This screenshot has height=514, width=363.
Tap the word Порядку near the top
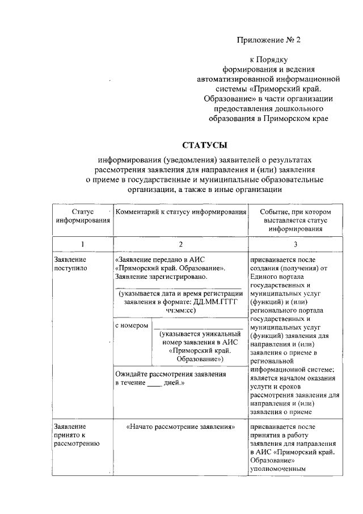(x=275, y=59)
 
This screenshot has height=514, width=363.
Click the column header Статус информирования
(x=82, y=216)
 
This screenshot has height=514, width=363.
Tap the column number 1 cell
(x=82, y=244)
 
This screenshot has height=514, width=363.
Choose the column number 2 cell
(x=180, y=244)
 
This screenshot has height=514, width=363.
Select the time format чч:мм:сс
(x=181, y=312)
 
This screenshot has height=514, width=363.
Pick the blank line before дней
(x=154, y=383)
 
